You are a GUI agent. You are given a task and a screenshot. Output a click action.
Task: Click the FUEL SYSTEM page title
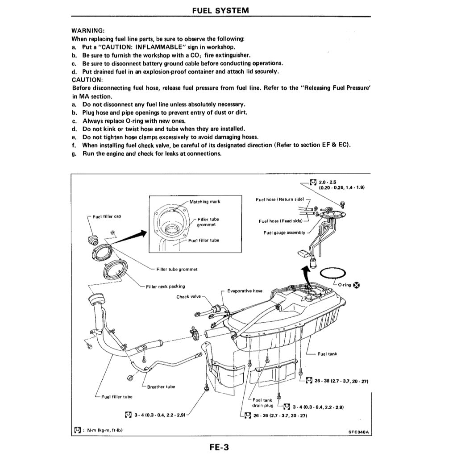(220, 10)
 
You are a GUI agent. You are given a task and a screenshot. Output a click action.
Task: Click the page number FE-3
(221, 445)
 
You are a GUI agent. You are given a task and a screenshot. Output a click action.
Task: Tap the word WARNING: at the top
(88, 31)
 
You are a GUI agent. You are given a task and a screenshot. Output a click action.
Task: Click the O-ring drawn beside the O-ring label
(332, 274)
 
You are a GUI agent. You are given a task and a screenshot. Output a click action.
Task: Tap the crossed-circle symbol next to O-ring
(357, 286)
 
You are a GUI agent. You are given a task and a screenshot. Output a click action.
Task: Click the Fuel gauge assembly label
(284, 233)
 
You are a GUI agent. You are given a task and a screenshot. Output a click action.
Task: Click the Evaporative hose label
(245, 291)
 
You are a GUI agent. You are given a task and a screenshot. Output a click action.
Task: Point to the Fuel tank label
(327, 354)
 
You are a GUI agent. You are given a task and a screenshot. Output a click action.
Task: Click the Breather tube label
(161, 387)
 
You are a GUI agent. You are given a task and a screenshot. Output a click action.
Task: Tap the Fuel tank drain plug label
(262, 403)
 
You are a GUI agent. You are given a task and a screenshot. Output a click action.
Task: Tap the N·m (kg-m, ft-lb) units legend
(104, 430)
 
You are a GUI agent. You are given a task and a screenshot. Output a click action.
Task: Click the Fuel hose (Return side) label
(280, 199)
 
